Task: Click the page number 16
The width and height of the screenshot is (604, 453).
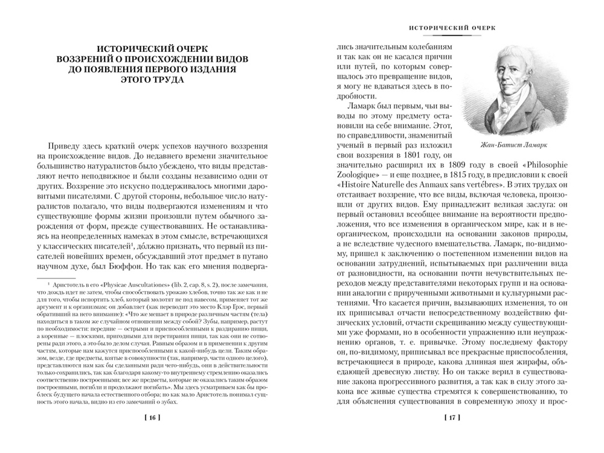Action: pyautogui.click(x=152, y=417)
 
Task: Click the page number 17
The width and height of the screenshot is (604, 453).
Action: pyautogui.click(x=454, y=417)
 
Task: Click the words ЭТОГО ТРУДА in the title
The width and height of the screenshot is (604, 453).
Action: pyautogui.click(x=152, y=80)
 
